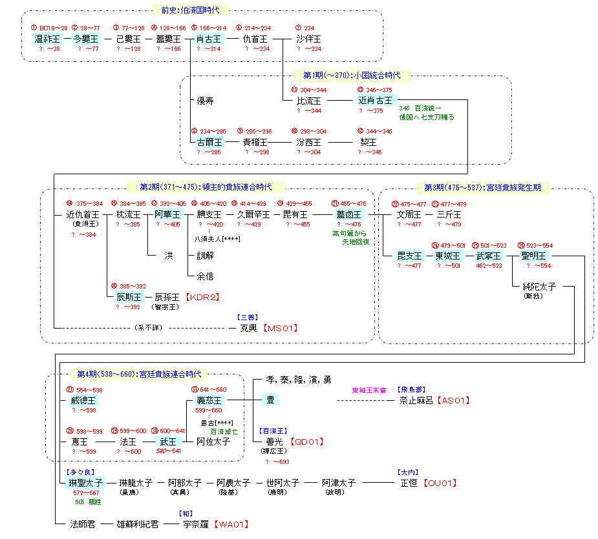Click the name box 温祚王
(47, 39)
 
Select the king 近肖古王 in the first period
(375, 101)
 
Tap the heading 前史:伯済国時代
(190, 10)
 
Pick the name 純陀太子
(539, 286)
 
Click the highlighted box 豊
(270, 400)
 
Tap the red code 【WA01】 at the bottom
(231, 524)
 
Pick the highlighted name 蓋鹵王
(349, 214)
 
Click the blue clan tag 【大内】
(408, 472)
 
